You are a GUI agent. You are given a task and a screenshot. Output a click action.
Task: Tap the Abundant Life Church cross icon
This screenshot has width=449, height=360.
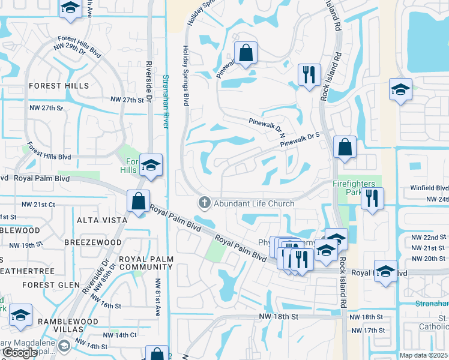(204, 203)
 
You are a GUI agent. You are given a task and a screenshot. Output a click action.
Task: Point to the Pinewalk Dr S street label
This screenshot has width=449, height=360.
(303, 139)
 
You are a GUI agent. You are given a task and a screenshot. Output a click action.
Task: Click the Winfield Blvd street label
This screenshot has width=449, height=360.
(429, 188)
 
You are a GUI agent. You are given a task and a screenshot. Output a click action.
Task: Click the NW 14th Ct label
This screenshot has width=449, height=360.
(121, 335)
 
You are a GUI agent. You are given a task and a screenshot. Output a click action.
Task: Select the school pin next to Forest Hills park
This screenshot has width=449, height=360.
(151, 165)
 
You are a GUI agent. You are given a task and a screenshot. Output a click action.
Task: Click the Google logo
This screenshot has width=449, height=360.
(20, 353)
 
